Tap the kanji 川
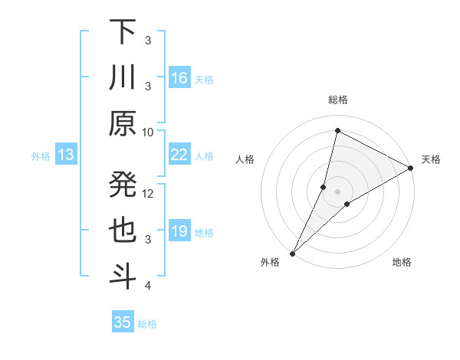123,78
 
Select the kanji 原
123,123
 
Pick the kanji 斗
123,276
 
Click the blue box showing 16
179,78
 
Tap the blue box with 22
179,155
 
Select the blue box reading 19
179,231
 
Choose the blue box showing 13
66,155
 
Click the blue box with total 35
123,322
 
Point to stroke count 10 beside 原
148,133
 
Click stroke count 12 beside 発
148,194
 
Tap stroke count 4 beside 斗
148,286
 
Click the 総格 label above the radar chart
337,100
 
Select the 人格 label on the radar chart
245,159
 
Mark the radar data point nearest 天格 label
410,169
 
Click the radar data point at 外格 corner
292,254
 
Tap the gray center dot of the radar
337,191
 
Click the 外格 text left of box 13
41,156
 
